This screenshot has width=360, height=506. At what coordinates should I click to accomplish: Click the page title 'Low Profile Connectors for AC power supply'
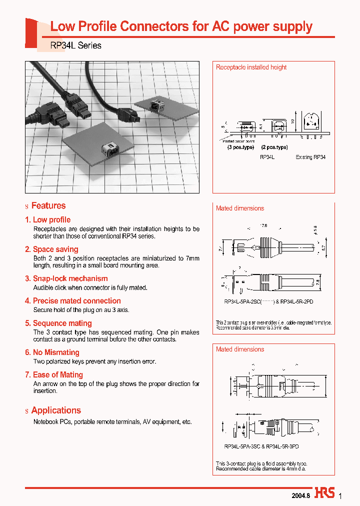click(181, 26)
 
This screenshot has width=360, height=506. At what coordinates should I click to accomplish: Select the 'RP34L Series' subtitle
click(76, 45)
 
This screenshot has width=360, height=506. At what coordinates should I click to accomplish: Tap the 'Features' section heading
click(48, 205)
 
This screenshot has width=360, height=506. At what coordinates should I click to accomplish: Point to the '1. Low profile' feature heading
click(48, 219)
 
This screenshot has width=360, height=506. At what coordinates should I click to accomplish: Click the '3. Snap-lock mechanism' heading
click(66, 278)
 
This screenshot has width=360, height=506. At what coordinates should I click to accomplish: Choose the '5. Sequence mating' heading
click(58, 323)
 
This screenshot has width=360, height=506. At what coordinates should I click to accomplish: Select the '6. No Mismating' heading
click(52, 352)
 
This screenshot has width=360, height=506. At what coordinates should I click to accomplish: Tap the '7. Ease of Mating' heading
click(54, 375)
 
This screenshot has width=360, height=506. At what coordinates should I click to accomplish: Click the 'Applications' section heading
click(55, 410)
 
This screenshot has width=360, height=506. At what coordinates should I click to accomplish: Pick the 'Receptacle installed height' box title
click(251, 67)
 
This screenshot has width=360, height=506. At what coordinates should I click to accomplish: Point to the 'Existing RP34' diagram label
click(310, 157)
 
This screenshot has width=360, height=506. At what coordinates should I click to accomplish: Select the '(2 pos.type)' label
click(274, 147)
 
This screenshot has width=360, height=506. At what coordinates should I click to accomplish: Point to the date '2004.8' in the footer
click(300, 495)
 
